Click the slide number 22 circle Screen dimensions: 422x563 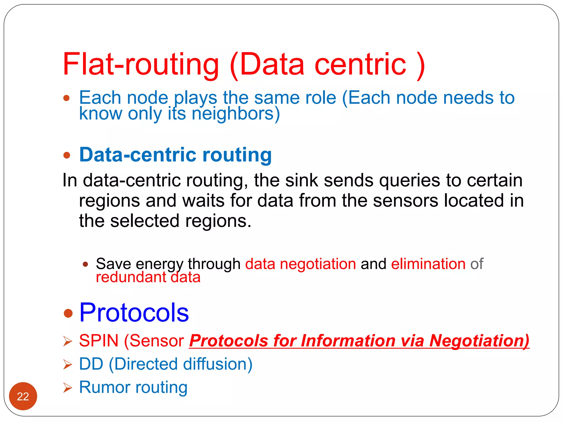coord(23,396)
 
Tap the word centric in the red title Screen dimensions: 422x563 coord(360,65)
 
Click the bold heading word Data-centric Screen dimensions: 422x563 coord(137,155)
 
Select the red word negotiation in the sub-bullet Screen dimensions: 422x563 coord(318,264)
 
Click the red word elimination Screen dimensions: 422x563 coord(428,264)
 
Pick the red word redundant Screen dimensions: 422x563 coord(131,277)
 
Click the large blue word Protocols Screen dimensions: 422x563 coord(134,313)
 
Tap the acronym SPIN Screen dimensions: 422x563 coord(99,341)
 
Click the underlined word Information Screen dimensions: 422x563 coord(348,341)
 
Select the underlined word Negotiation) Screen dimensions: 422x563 coord(479,341)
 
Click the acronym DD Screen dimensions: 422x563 coord(91,364)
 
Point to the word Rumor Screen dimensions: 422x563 coord(104,387)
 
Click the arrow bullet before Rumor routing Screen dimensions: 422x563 coord(67,388)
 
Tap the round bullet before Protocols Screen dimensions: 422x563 coord(68,313)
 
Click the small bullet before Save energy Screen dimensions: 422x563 coord(85,264)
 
